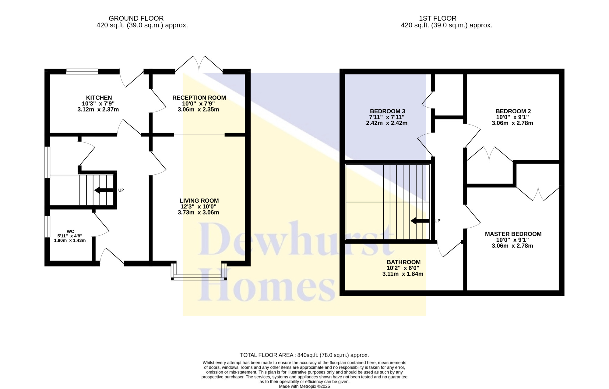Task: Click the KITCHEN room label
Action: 99,98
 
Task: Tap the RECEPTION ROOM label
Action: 199,98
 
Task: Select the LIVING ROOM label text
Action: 199,201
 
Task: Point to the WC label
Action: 70,232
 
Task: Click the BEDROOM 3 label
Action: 387,111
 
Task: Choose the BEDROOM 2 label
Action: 513,111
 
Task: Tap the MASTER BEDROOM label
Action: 513,234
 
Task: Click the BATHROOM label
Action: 403,262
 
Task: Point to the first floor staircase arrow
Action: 420,221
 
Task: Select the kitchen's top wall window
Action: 82,72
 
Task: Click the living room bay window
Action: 199,272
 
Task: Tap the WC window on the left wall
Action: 47,226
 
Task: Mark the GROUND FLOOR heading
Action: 136,19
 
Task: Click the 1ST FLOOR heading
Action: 438,19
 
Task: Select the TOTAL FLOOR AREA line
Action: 304,355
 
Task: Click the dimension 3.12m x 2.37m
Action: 98,109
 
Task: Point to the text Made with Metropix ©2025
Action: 304,387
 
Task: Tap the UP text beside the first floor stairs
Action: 437,221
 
